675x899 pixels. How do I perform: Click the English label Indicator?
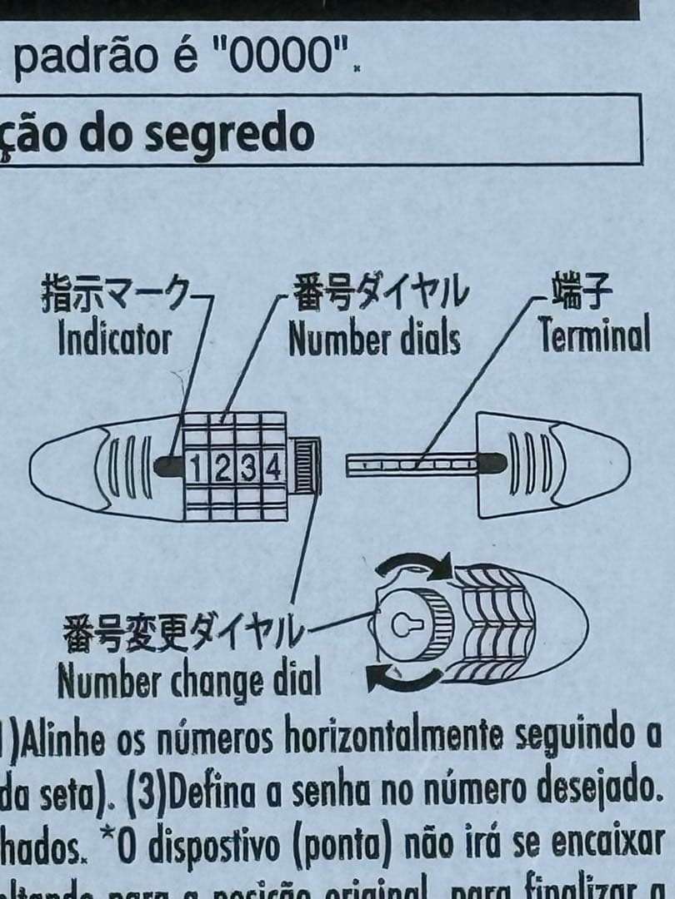[x=115, y=340]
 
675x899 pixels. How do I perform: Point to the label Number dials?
[x=374, y=340]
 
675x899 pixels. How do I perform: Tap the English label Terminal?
[x=593, y=336]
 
